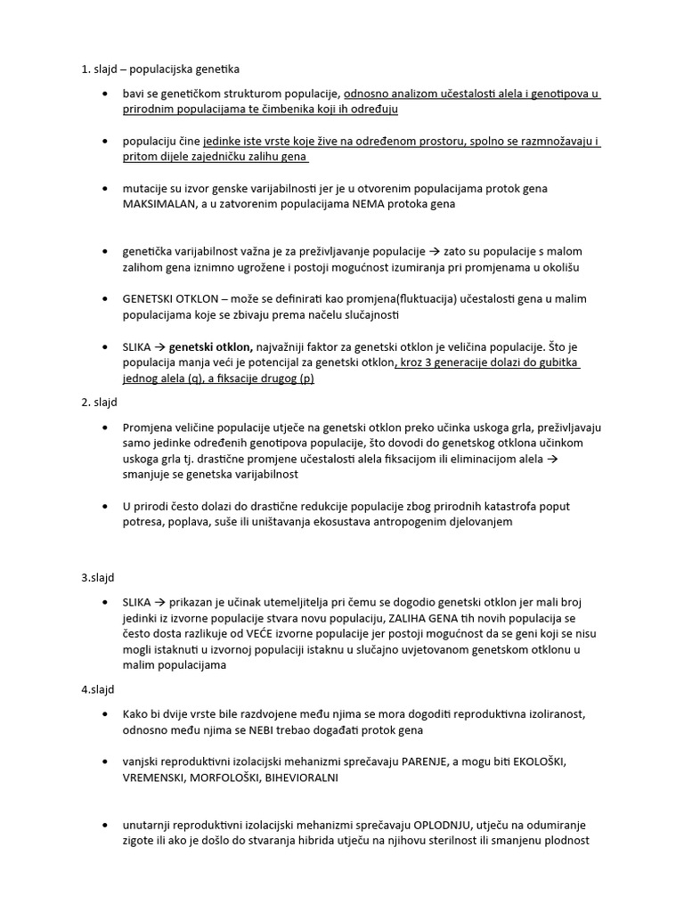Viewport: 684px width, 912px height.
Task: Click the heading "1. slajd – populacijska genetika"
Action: click(160, 69)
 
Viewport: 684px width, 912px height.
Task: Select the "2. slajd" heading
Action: click(98, 403)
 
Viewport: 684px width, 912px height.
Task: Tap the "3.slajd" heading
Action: click(98, 577)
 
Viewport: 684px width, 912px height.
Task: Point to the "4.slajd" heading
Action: click(98, 689)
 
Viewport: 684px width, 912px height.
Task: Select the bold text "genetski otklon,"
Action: click(212, 346)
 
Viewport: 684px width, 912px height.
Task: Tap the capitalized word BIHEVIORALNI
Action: click(302, 778)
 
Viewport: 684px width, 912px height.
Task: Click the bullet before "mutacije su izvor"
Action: click(107, 188)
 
